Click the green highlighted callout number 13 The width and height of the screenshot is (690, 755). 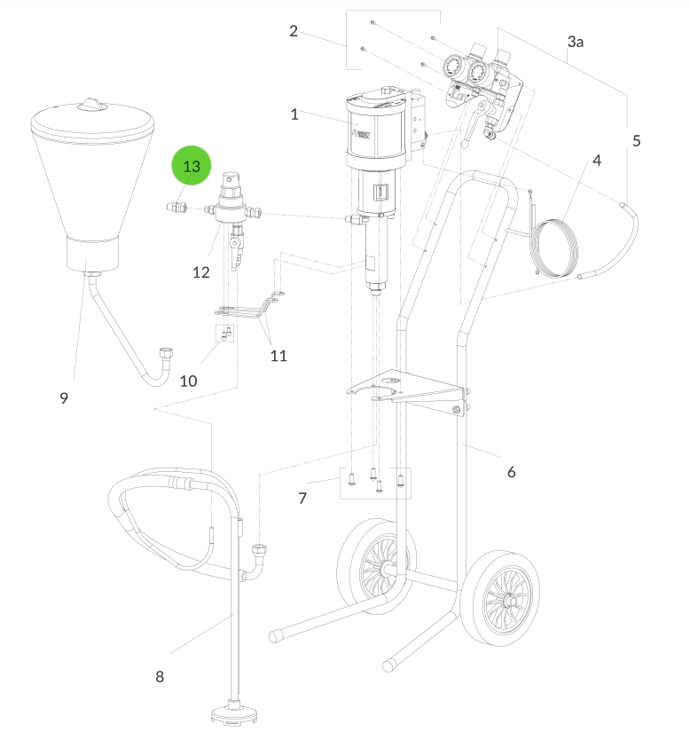tap(192, 167)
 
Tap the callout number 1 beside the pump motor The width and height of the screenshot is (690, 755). tap(294, 114)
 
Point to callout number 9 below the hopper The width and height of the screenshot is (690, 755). tap(64, 398)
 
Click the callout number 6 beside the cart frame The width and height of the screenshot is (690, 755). tap(511, 472)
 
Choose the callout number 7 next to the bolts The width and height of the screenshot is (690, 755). tap(302, 499)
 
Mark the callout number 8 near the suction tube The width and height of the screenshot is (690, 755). tap(160, 676)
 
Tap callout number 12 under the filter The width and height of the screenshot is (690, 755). tap(201, 272)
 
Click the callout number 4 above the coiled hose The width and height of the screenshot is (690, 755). tap(597, 161)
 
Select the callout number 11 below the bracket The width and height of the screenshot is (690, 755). tap(279, 356)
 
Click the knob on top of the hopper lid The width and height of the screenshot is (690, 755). tap(92, 105)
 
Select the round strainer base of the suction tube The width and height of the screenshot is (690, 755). tap(233, 712)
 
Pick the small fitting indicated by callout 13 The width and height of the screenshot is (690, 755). tap(176, 208)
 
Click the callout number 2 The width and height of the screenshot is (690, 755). tap(294, 32)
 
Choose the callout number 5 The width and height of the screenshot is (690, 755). tap(636, 140)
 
